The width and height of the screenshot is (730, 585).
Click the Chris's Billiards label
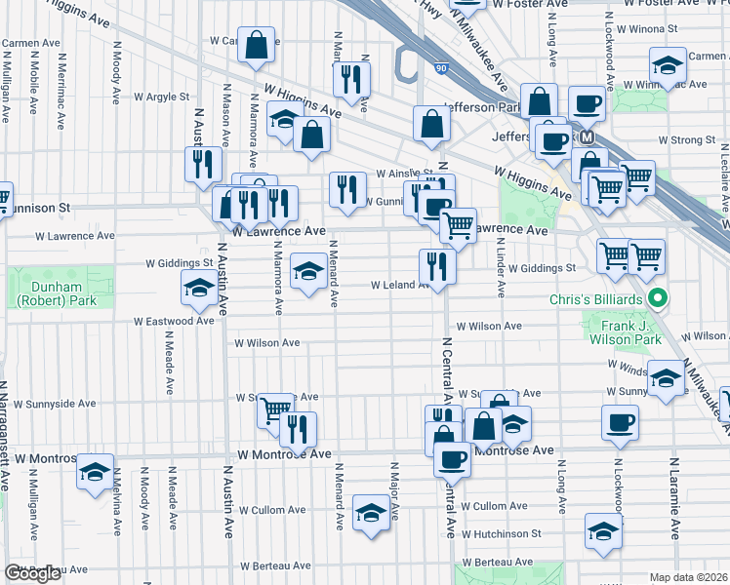(x=598, y=297)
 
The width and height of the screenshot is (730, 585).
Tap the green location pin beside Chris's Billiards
(x=659, y=298)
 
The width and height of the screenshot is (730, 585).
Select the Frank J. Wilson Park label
(x=625, y=331)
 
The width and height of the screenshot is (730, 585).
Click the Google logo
(x=32, y=574)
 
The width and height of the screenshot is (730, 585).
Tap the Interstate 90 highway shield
(x=441, y=68)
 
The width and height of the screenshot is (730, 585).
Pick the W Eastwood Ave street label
(x=174, y=321)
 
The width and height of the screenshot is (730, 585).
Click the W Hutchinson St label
(x=502, y=533)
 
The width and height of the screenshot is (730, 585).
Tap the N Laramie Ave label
(x=673, y=496)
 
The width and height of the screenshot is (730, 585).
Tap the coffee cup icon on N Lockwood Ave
(x=620, y=422)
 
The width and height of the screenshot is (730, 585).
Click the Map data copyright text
(x=689, y=577)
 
